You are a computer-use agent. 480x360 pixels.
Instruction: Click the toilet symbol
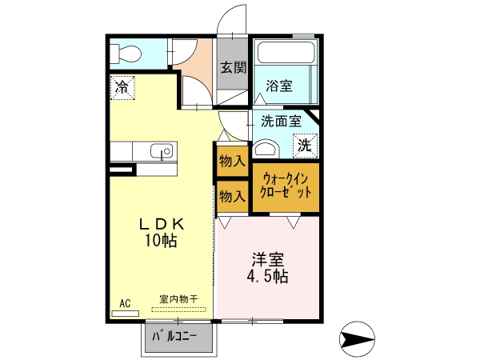point(126,54)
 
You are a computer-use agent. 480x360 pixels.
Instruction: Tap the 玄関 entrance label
point(234,67)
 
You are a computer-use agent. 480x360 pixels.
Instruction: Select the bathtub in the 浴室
point(286,53)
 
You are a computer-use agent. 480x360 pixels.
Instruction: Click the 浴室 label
point(279,86)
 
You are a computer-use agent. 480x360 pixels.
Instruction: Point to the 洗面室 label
point(281,122)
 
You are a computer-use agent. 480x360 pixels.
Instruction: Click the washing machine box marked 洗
point(305,146)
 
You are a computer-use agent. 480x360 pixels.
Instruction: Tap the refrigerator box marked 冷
point(122,88)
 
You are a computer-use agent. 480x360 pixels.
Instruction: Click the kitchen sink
point(162,151)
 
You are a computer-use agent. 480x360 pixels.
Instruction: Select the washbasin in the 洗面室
point(266,149)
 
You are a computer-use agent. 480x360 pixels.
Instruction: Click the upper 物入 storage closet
point(232,161)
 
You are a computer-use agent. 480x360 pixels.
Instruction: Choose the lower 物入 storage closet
point(232,196)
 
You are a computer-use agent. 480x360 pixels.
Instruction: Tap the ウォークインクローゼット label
point(285,186)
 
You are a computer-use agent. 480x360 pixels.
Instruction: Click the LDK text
point(162,225)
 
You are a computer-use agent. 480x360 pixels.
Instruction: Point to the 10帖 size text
point(161,241)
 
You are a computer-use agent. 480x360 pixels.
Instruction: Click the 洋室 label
point(267,259)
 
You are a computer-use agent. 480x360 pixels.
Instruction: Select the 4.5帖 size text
point(267,277)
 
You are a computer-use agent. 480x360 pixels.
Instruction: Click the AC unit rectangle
point(126,314)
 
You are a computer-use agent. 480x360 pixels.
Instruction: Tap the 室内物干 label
point(178,299)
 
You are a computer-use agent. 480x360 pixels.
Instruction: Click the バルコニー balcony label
point(174,337)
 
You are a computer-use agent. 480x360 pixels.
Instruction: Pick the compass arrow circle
point(357,339)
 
